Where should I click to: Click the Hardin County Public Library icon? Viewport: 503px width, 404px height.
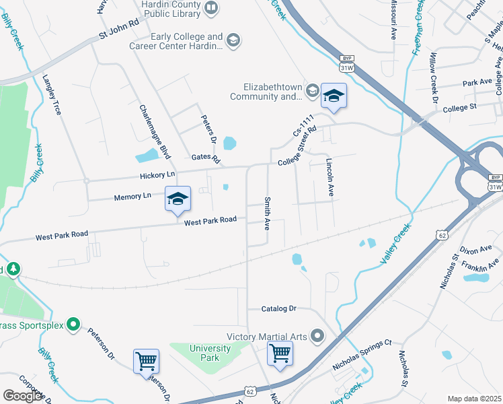(211, 8)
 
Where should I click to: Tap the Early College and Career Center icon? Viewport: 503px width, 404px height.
(233, 41)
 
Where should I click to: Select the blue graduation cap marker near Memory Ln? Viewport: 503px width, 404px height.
(178, 199)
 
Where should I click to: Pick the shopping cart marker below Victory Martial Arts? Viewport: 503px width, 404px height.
(280, 353)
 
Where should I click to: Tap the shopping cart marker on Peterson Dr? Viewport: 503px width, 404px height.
(146, 361)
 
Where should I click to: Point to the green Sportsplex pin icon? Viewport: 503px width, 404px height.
(75, 327)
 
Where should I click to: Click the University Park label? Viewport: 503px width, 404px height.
(210, 353)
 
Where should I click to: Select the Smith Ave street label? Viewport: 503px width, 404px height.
(268, 214)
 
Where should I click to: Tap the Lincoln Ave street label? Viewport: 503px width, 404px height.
(330, 177)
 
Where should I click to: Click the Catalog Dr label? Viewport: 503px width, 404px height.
(279, 308)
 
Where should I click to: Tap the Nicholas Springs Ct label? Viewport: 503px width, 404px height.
(362, 355)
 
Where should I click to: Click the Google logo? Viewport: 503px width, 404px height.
(24, 396)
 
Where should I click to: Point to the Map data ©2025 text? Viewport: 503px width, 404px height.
(474, 399)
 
